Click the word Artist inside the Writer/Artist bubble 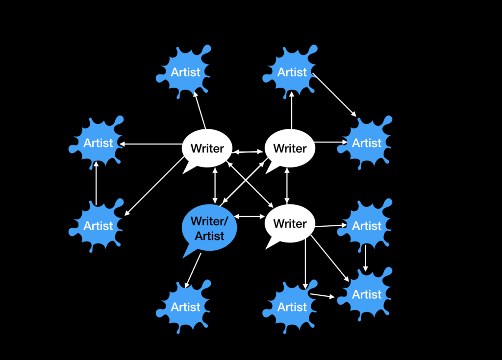209,236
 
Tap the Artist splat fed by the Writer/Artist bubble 185,307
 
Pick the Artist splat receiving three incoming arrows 367,294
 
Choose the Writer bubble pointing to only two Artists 290,148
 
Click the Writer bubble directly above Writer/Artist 207,148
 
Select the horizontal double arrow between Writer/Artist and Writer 250,216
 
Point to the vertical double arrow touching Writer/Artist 215,185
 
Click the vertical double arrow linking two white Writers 287,185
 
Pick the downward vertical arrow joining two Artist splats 365,258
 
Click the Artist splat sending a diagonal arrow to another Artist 292,72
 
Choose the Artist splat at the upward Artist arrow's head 98,143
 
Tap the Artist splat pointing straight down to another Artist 367,226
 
